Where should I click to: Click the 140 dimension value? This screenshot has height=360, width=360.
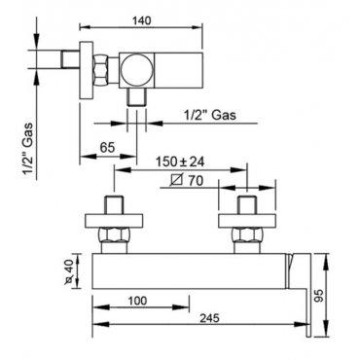[x=141, y=20]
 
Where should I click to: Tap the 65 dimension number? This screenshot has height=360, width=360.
[x=107, y=148]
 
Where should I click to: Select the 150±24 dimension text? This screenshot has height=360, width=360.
[x=180, y=162]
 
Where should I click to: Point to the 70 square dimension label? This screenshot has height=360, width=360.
[x=188, y=180]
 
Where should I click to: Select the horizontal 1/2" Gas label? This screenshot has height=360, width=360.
[x=210, y=115]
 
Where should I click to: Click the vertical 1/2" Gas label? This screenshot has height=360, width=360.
[x=27, y=148]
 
